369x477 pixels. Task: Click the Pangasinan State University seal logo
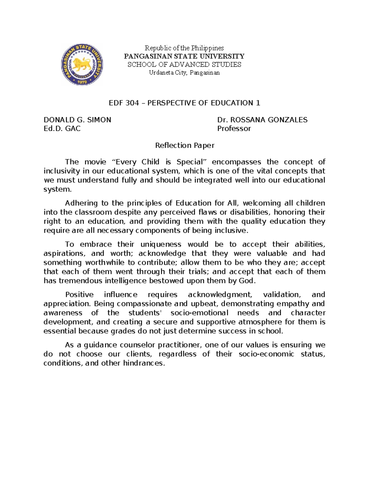[x=82, y=64]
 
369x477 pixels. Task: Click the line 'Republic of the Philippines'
[x=184, y=48]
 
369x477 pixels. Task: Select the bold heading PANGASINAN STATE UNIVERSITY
[x=184, y=56]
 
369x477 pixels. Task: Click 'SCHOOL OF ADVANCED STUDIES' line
[x=184, y=65]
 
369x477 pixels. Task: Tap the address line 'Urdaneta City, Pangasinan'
[x=184, y=73]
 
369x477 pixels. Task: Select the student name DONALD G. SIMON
[x=77, y=120]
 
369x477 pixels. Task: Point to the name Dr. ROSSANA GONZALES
[x=262, y=120]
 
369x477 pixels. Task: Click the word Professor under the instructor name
[x=234, y=128]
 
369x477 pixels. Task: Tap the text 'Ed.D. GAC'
[x=62, y=128]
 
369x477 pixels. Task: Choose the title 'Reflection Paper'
[x=184, y=145]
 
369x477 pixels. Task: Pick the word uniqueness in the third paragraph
[x=161, y=244]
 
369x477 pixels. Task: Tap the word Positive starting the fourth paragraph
[x=79, y=295]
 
